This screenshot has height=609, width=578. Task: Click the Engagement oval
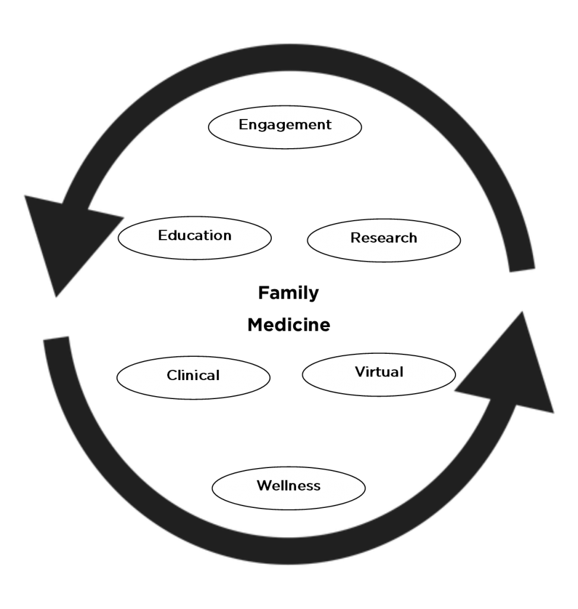285,127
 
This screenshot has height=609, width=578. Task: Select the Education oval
194,238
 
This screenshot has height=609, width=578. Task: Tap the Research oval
384,240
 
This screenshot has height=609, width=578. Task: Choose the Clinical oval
193,378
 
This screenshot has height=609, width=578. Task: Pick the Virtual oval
379,375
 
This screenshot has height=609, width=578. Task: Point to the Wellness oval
288,488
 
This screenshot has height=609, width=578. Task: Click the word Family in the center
288,293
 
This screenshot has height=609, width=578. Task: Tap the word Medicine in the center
289,325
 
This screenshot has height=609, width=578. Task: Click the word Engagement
285,125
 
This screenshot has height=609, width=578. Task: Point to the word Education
194,236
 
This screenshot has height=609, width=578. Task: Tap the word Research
384,238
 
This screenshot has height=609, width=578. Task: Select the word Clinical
193,375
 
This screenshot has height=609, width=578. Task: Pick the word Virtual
379,372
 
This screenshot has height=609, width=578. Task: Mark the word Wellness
288,485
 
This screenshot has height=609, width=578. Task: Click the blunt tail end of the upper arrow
522,270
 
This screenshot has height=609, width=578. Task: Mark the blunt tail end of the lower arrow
56,338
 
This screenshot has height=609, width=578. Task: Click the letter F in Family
263,293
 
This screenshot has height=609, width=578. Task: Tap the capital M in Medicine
256,325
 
